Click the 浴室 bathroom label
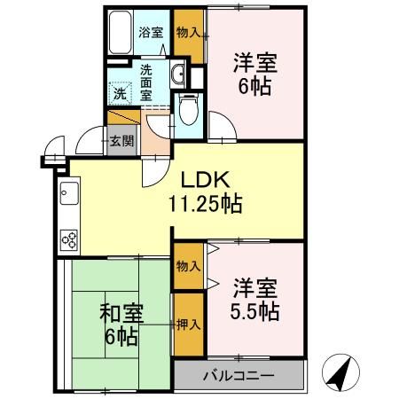click(151, 32)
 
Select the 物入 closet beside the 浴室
click(186, 32)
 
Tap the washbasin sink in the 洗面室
click(178, 74)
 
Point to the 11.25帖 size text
click(205, 202)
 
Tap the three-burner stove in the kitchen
click(69, 238)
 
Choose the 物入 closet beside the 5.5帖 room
click(187, 265)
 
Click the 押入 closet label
click(187, 325)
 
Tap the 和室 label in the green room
click(116, 312)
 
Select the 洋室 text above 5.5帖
click(256, 287)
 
